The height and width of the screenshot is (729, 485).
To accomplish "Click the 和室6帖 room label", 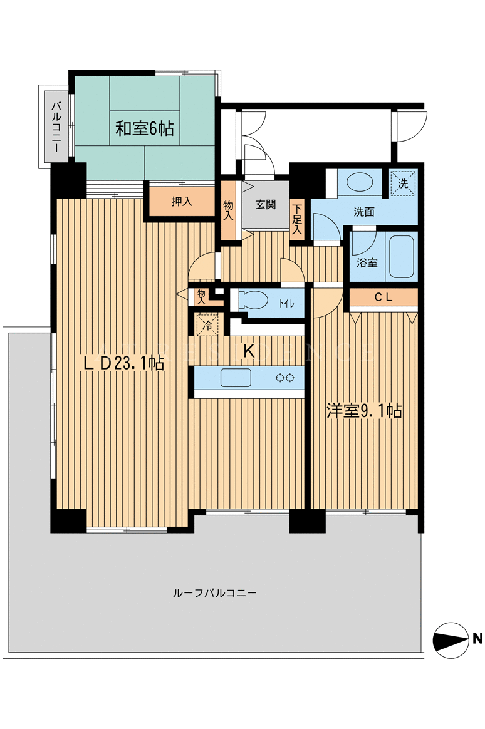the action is tap(144, 128).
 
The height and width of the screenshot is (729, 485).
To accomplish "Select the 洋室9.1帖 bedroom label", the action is tap(365, 411).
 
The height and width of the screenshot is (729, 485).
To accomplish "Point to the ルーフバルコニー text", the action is tap(214, 593).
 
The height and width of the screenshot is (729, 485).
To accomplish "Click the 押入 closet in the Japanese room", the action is tap(182, 202).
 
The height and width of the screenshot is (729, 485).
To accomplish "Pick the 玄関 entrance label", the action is tap(266, 204).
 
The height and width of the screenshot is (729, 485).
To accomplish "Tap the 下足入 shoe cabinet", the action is tap(297, 219).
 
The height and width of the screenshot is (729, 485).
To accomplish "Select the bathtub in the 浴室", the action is tap(401, 257).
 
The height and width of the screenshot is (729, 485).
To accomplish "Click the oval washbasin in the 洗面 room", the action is tap(360, 182).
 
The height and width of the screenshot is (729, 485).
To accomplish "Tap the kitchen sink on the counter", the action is tap(236, 378).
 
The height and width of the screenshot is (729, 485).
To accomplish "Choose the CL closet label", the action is tap(383, 297).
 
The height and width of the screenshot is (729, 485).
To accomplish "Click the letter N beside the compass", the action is tap(477, 638).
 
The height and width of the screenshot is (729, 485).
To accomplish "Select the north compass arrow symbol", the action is tap(451, 639).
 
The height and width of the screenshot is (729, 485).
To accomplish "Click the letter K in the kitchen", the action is tap(250, 351).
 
